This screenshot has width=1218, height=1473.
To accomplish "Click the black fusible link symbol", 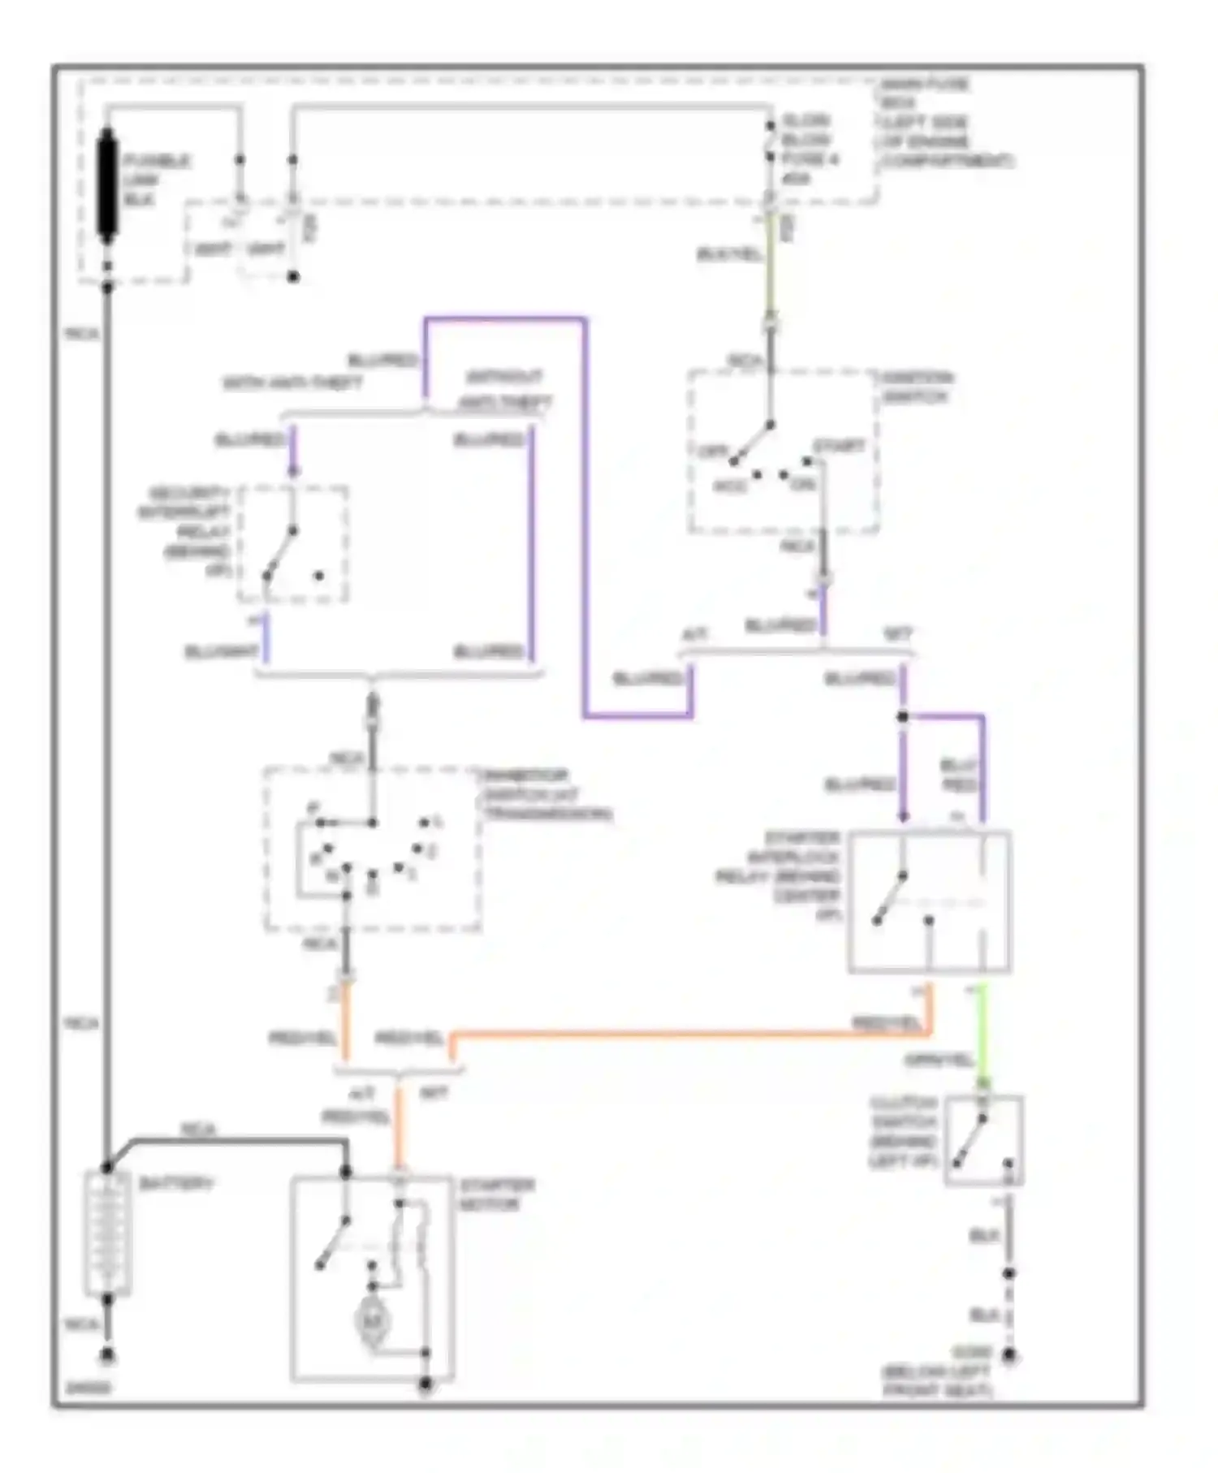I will pos(107,187).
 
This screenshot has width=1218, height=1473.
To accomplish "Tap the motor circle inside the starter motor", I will pos(372,1322).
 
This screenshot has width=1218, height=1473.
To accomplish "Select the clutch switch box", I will pos(983,1140).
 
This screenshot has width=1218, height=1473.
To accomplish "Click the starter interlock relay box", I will pos(929,901).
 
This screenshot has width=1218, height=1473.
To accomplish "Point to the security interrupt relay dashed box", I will pos(293,545).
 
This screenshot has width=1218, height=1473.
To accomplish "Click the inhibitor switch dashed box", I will pos(372,849).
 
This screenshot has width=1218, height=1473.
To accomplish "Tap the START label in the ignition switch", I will pos(839,447).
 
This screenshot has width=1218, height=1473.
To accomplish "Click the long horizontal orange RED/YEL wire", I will pos(690,1035).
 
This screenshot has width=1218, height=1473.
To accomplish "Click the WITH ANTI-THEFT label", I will pos(292,382).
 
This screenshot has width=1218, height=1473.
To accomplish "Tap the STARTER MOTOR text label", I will pos(497,1194).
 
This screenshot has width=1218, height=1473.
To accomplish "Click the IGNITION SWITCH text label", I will pos(918,387).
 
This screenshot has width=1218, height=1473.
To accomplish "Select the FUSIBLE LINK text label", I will pos(156,180).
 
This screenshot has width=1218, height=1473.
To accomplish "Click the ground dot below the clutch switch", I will pos(1009,1355).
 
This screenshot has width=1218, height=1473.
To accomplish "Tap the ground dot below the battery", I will pos(107,1355).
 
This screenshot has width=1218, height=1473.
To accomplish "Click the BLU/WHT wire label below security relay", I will pos(221,652).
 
